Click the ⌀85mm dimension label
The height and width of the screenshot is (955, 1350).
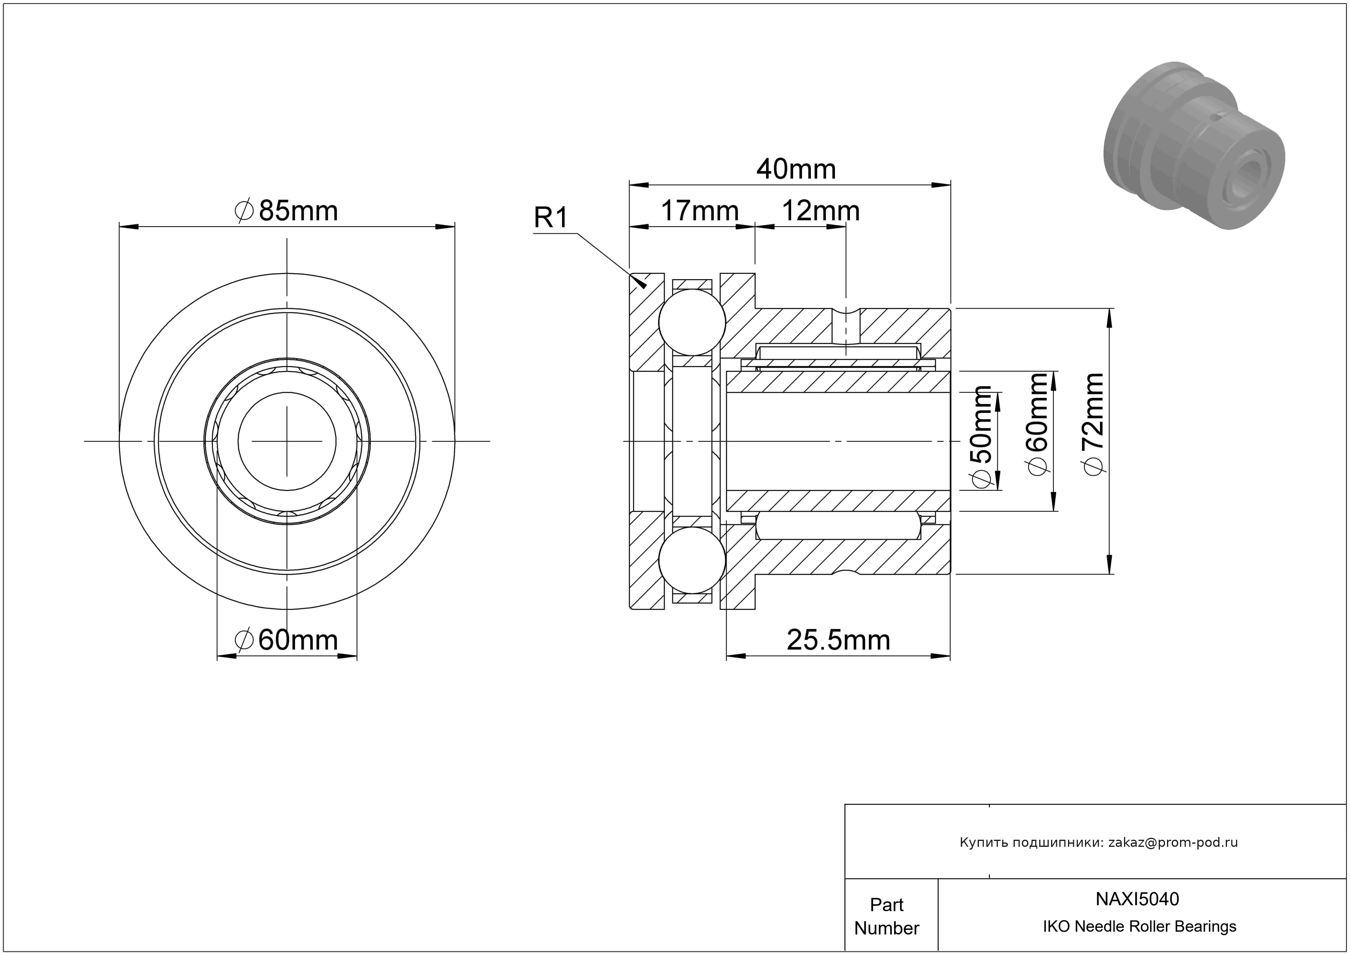point(286,211)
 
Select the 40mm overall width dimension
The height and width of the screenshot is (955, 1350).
point(795,169)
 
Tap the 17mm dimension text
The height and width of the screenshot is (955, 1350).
point(700,211)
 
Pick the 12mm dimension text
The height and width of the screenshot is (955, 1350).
point(820,211)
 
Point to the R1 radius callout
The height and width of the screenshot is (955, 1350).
point(551,218)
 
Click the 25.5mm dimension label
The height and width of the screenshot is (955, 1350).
point(838,640)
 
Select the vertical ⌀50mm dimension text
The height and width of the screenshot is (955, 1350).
point(982,437)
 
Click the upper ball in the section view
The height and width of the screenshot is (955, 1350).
point(692,322)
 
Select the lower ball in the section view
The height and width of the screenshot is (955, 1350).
point(692,560)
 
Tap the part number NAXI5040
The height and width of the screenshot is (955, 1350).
point(1137,899)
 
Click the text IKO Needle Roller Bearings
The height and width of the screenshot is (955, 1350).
point(1139,927)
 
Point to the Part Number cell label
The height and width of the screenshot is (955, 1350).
point(887,916)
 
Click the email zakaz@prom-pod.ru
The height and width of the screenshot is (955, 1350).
point(1173,842)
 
